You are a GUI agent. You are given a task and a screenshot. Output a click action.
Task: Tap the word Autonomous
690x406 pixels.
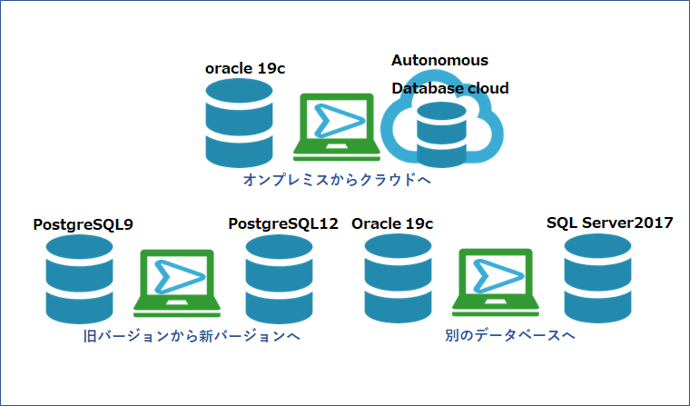pyautogui.click(x=439, y=61)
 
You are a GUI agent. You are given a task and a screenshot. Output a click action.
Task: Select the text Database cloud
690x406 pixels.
pyautogui.click(x=449, y=88)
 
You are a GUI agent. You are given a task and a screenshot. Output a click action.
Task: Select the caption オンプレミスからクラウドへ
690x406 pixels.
pyautogui.click(x=336, y=181)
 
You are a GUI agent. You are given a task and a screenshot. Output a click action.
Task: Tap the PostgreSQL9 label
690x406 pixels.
pyautogui.click(x=83, y=223)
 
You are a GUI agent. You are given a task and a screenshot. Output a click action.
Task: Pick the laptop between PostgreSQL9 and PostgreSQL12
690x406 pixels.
pyautogui.click(x=173, y=282)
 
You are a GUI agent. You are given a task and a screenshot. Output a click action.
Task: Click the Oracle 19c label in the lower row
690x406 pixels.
pyautogui.click(x=392, y=223)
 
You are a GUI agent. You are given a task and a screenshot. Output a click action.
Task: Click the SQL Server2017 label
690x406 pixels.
pyautogui.click(x=610, y=223)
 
